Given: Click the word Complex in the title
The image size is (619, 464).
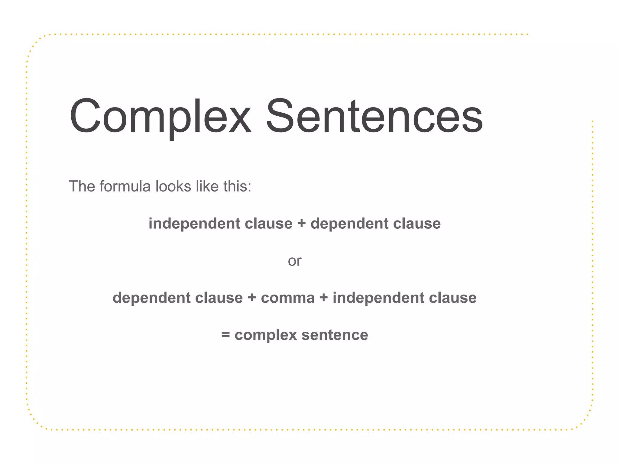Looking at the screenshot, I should click(160, 116).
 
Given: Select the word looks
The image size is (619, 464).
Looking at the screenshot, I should click(173, 186).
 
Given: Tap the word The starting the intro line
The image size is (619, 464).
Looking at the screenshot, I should click(82, 186).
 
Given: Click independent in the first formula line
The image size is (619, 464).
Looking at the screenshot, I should click(194, 224).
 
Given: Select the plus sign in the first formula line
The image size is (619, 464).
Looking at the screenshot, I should click(301, 224).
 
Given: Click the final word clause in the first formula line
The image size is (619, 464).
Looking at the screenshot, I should click(417, 224).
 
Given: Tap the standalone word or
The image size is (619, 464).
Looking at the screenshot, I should click(294, 261).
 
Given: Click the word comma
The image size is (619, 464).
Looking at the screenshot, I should click(288, 298).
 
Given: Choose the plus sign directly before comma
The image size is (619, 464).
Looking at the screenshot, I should click(252, 298).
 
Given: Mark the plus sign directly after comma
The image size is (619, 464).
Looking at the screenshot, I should click(324, 298).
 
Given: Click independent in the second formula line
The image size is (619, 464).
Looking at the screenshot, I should click(378, 298).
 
